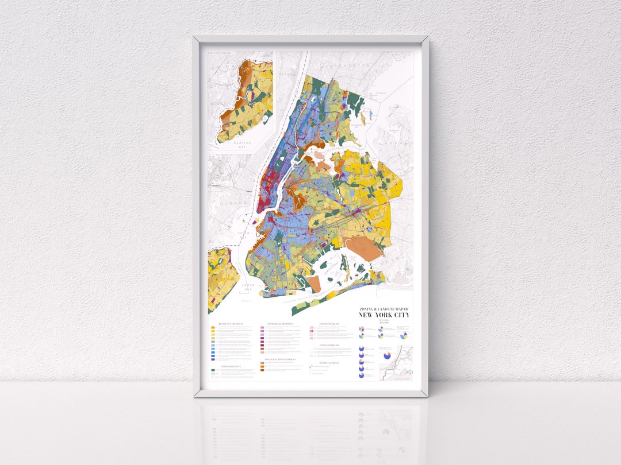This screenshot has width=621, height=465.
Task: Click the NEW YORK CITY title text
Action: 385,315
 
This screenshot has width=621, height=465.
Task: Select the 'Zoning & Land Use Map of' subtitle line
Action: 385,309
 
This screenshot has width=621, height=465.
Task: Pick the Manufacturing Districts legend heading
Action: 279,360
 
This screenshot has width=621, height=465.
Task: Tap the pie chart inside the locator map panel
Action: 387,354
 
